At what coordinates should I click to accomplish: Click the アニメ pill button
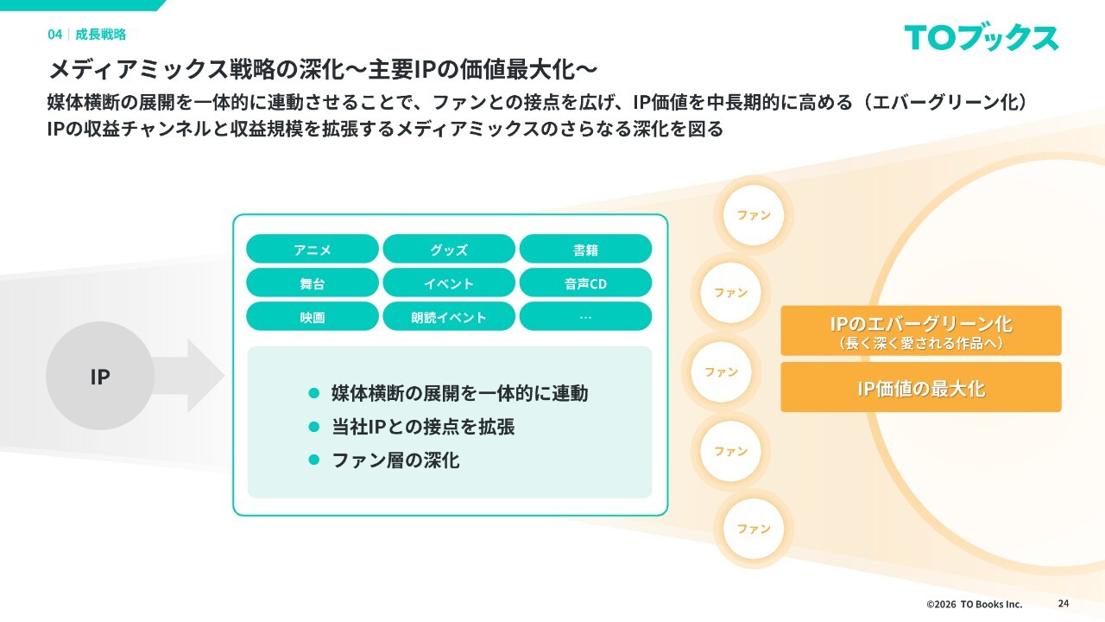(x=313, y=250)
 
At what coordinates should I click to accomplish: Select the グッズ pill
(x=449, y=250)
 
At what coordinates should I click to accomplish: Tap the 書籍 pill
(x=585, y=250)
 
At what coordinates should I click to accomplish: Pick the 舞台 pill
(x=313, y=283)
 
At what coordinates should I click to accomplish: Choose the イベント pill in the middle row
(x=449, y=283)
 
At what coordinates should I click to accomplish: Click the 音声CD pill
(x=585, y=283)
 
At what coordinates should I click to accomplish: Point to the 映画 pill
(x=313, y=317)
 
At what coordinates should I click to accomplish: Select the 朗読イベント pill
(x=449, y=317)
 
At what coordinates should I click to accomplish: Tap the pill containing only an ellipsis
(x=585, y=317)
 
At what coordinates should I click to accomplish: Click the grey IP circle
(x=100, y=377)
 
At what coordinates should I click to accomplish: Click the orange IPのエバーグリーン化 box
(x=921, y=330)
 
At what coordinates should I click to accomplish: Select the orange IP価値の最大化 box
(x=921, y=388)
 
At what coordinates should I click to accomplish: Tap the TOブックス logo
(x=982, y=37)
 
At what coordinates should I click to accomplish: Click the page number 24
(x=1063, y=603)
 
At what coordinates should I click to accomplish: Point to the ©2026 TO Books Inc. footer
(x=974, y=604)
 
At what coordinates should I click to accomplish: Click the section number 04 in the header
(x=54, y=35)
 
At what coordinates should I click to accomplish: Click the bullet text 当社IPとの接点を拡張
(x=423, y=427)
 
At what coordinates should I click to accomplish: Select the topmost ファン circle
(x=754, y=215)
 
